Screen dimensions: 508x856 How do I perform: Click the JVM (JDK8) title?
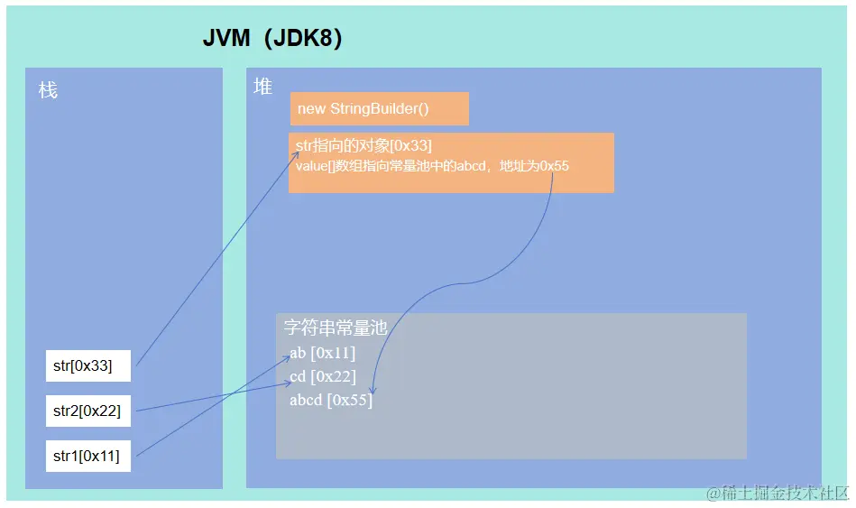coord(272,41)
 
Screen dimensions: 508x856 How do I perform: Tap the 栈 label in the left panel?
coord(48,90)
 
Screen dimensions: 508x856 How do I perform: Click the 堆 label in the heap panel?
coord(262,87)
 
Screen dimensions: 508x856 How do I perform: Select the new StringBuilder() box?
coord(379,108)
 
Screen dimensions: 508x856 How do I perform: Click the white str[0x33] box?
coord(88,365)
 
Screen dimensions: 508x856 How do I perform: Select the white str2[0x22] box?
coord(88,411)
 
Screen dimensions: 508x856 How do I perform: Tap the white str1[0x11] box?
coord(88,456)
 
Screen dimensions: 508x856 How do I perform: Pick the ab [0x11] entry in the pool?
coord(322,353)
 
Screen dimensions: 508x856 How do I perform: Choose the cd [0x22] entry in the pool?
coord(322,376)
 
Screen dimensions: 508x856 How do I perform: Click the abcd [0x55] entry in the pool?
coord(330,400)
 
